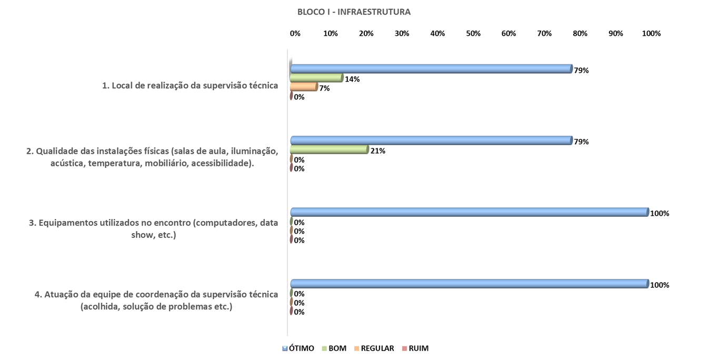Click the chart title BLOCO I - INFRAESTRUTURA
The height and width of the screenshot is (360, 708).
point(354,12)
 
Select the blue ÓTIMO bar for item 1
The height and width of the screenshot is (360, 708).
point(431,69)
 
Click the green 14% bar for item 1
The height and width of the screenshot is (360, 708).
point(316,78)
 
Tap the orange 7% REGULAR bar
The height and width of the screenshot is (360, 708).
point(304,87)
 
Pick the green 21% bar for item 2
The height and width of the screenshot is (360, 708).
point(329,149)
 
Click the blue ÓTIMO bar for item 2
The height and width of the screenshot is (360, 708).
point(431,141)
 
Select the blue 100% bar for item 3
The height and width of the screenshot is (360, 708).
point(469,212)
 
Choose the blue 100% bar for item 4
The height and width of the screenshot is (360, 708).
point(469,284)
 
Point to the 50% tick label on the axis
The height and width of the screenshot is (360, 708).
point(473,34)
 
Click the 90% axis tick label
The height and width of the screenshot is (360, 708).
point(615,34)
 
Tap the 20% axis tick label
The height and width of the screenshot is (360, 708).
point(366,34)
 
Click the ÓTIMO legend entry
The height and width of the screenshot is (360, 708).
point(298,348)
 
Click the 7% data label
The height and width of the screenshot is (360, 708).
point(324,88)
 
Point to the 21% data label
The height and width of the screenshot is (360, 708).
point(378,151)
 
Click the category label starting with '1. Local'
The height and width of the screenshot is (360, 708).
point(190,85)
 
